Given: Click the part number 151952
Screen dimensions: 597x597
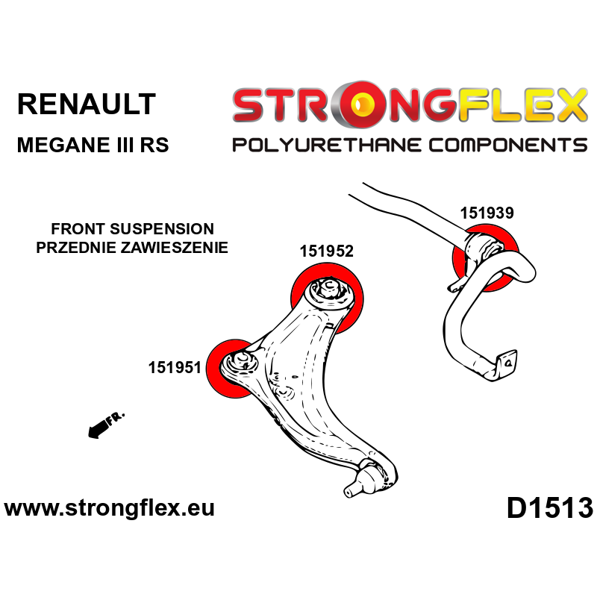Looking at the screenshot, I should [x=326, y=251].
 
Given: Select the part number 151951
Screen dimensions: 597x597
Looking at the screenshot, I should [x=174, y=367].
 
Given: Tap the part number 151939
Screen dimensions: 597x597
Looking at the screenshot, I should [x=487, y=213].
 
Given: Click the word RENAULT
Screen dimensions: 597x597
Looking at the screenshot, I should [x=86, y=104].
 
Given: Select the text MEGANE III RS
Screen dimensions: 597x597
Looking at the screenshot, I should [x=93, y=144].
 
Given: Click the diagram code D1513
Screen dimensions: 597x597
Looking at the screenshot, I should [x=549, y=508].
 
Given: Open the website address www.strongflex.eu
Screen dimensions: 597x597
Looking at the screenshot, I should [x=110, y=508].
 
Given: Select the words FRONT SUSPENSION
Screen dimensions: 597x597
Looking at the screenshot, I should [x=132, y=229].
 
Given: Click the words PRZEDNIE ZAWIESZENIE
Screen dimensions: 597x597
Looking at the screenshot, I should [x=132, y=247].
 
